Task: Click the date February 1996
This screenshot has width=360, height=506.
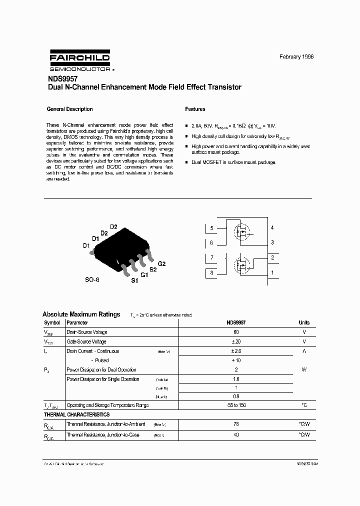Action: point(296,57)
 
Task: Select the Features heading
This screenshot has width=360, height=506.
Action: point(195,109)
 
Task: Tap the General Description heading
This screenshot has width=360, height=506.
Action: point(69,109)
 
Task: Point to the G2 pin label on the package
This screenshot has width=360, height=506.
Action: point(161,263)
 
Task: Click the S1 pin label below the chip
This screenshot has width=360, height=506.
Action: point(134,281)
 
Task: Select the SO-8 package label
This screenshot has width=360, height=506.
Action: point(91,280)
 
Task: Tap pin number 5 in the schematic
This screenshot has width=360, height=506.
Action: point(211,228)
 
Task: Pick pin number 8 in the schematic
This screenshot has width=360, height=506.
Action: point(211,273)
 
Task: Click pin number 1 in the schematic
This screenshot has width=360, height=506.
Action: point(272,273)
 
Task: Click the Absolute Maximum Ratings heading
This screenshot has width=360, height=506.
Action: point(81,314)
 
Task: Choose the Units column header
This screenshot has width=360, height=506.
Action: point(304,322)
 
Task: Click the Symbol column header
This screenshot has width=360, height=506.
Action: point(52,322)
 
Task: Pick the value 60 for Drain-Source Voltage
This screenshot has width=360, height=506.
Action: point(236,332)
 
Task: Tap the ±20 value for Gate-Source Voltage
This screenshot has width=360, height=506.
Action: point(236,341)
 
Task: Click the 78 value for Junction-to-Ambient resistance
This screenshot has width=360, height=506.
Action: point(236,424)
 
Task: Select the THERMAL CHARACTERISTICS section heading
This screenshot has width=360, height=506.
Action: point(76,414)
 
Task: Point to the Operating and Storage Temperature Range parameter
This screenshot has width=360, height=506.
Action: point(107,405)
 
